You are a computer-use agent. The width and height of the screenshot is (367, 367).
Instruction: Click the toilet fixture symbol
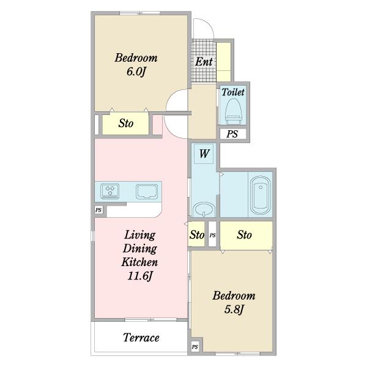pyautogui.click(x=233, y=111)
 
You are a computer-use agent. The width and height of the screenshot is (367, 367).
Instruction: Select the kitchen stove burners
pyautogui.click(x=109, y=191)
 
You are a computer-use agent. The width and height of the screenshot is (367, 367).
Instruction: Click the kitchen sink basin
pyautogui.click(x=147, y=191)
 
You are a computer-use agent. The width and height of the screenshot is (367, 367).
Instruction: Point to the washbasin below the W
pyautogui.click(x=204, y=209)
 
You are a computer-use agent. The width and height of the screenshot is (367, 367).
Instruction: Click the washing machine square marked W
pyautogui.click(x=204, y=154)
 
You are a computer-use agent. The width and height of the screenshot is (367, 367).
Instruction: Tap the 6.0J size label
pyautogui.click(x=136, y=72)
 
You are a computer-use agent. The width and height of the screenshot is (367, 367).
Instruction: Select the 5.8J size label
pyautogui.click(x=234, y=310)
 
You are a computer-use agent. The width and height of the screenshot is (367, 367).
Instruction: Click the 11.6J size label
pyautogui.click(x=140, y=276)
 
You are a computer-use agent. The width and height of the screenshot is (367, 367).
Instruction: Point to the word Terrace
pyautogui.click(x=141, y=338)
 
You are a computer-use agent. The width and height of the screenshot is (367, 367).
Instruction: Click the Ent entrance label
pyautogui.click(x=204, y=62)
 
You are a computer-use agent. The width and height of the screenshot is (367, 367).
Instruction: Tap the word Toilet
pyautogui.click(x=233, y=92)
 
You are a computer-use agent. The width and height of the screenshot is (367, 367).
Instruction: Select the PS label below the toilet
pyautogui.click(x=232, y=134)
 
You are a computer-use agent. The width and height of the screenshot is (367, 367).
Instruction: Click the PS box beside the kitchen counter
pyautogui.click(x=98, y=210)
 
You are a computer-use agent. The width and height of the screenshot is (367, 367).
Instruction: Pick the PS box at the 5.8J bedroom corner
pyautogui.click(x=195, y=347)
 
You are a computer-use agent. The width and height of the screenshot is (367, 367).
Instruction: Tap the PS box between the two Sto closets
pyautogui.click(x=212, y=234)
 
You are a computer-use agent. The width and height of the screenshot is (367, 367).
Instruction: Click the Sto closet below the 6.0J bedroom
pyautogui.click(x=125, y=124)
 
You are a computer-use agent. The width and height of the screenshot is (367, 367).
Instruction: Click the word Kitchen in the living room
pyautogui.click(x=139, y=262)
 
